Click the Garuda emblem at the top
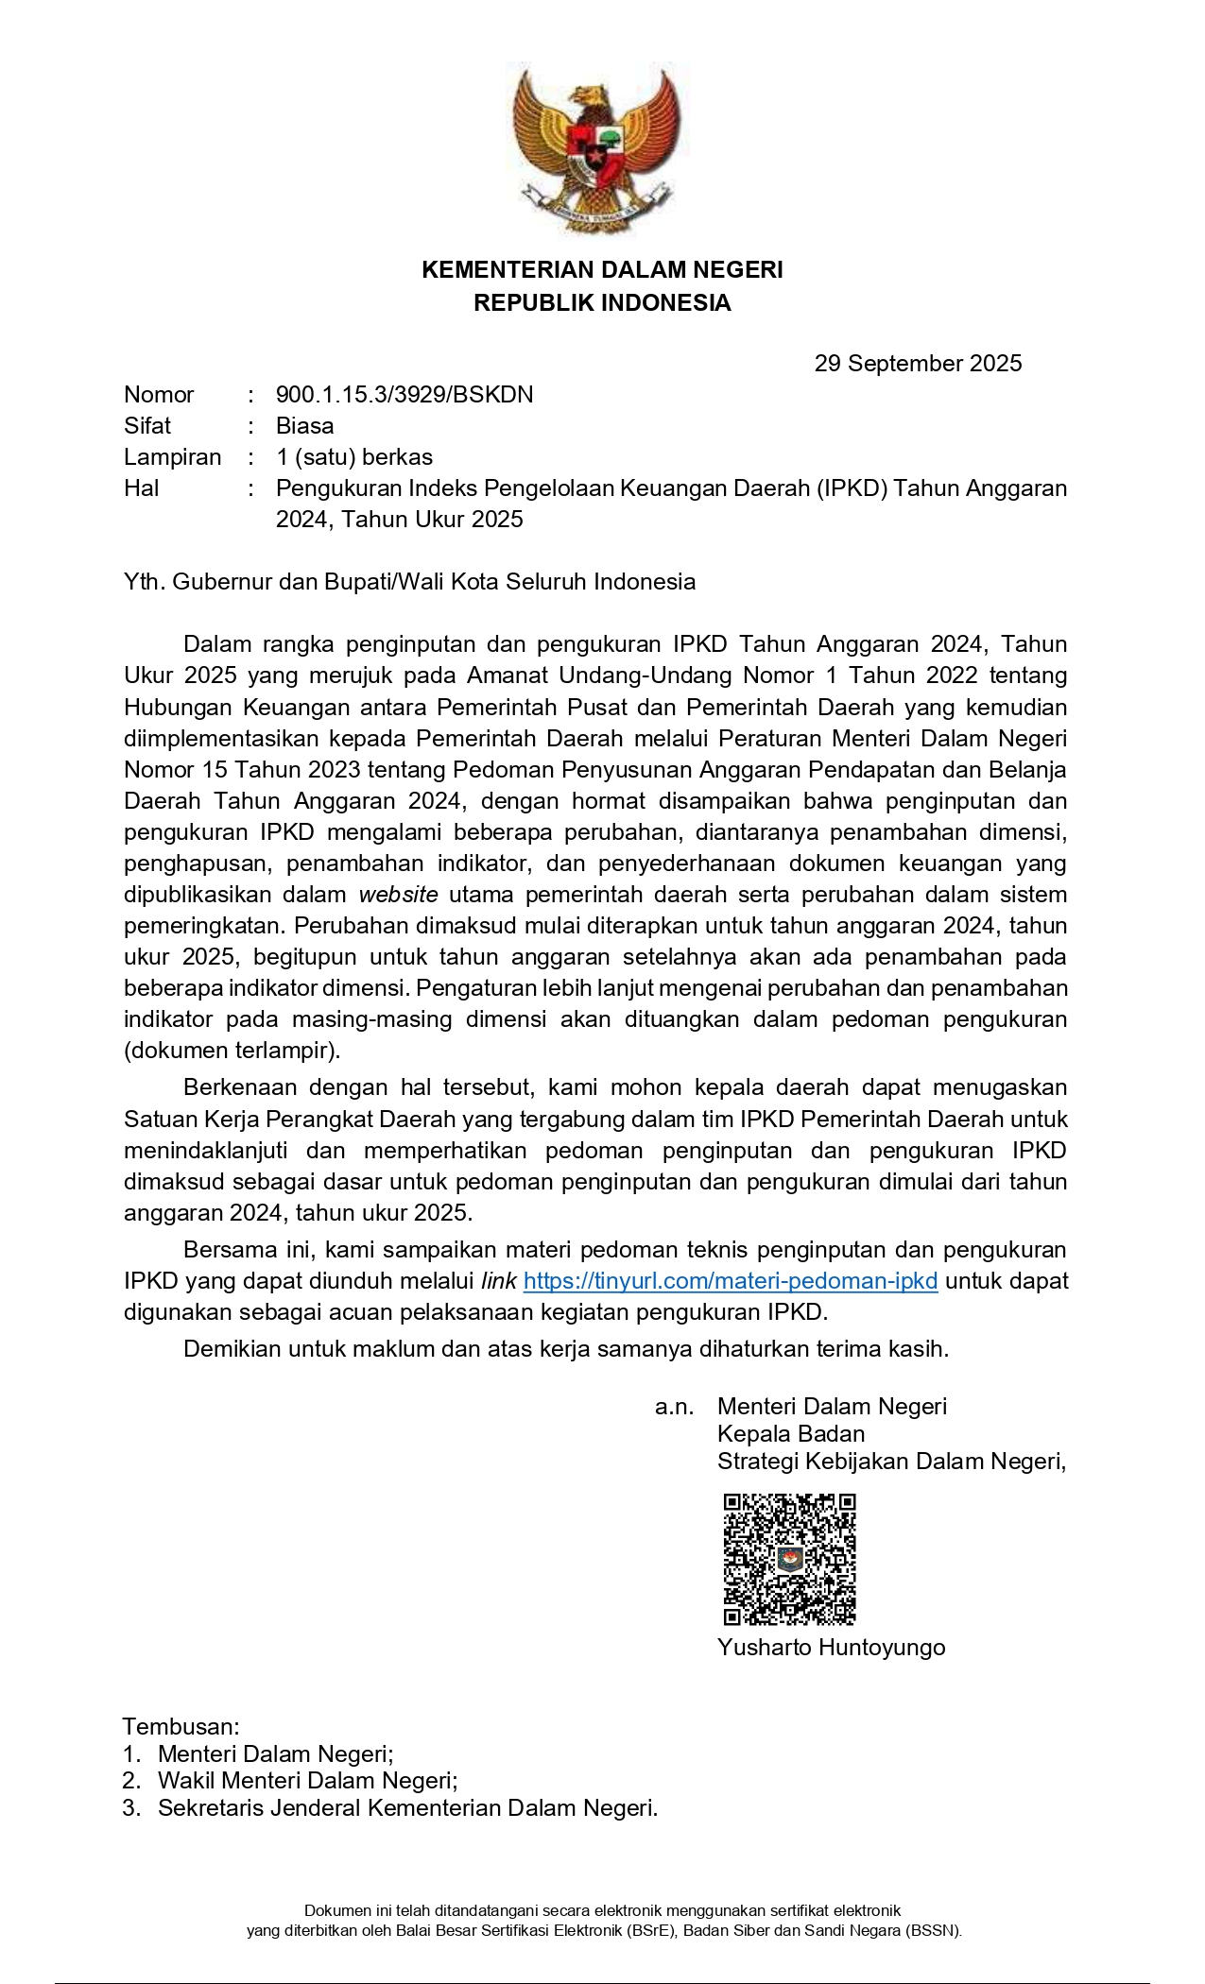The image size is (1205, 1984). click(x=601, y=149)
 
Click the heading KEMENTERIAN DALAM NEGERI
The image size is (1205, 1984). click(x=602, y=270)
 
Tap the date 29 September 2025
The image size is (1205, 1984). click(x=918, y=364)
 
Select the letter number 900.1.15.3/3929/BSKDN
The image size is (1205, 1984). click(x=405, y=395)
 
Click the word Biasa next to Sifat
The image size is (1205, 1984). click(x=304, y=426)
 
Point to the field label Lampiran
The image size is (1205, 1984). click(x=172, y=457)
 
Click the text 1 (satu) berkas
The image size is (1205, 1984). click(x=354, y=457)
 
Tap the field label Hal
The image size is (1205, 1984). click(x=142, y=488)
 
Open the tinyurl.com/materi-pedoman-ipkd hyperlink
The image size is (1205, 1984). click(x=731, y=1281)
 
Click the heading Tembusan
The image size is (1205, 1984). click(x=181, y=1726)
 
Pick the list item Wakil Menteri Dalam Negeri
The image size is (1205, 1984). click(x=307, y=1781)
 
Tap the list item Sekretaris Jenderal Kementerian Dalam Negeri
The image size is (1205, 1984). click(x=407, y=1808)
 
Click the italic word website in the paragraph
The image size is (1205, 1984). click(x=398, y=895)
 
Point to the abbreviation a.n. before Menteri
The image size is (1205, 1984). click(x=674, y=1407)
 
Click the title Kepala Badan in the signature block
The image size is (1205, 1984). click(x=778, y=1434)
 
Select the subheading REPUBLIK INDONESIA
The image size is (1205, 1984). click(x=602, y=303)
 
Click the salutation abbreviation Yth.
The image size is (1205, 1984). click(x=144, y=582)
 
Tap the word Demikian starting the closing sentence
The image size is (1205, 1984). click(x=232, y=1349)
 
